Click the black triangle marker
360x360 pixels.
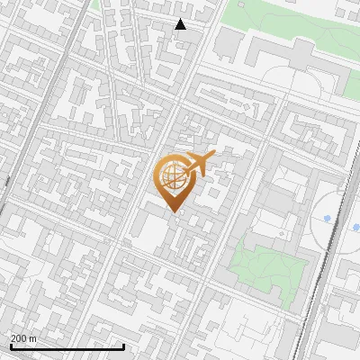coord(180,24)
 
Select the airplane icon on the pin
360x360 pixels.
coord(199,164)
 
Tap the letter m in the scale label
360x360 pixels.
coord(34,338)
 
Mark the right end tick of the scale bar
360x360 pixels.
coord(123,345)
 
